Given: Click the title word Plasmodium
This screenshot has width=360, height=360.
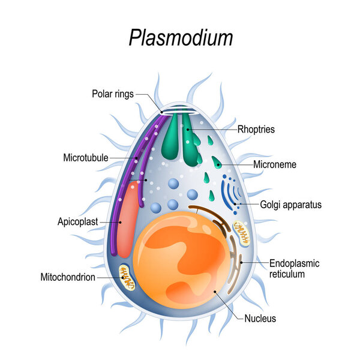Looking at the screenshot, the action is (x=181, y=38).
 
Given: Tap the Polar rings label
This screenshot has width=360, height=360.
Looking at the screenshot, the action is (x=113, y=94).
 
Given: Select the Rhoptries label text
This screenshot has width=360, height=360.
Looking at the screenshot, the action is (x=256, y=129).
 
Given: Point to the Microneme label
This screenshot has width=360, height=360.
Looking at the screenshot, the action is (x=275, y=164).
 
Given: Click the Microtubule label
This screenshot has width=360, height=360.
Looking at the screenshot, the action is (x=86, y=158).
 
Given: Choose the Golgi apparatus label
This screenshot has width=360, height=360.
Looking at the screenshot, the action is (x=290, y=205).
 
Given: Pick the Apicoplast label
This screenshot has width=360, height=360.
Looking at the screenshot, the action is (x=78, y=222).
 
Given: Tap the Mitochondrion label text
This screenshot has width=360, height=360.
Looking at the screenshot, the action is (x=68, y=277).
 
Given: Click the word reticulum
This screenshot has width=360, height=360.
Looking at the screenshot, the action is (x=287, y=274).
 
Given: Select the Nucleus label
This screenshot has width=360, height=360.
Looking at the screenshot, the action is (x=260, y=319).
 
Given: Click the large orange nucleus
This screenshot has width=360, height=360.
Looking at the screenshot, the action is (x=181, y=260).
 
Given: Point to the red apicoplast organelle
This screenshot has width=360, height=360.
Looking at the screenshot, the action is (x=128, y=219).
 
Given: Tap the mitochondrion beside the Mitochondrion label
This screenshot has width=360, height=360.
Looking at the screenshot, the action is (x=127, y=278).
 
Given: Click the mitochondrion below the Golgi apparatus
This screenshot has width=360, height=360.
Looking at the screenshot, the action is (x=241, y=233).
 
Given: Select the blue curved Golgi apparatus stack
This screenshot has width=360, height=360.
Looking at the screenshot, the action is (x=231, y=193).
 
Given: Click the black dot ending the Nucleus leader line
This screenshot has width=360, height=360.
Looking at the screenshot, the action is (x=215, y=292).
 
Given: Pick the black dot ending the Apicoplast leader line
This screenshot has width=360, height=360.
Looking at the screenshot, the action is (x=120, y=222).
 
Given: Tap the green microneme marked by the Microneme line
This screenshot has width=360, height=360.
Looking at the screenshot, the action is (x=217, y=163).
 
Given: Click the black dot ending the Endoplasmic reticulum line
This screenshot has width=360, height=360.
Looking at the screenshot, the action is (x=241, y=262).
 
